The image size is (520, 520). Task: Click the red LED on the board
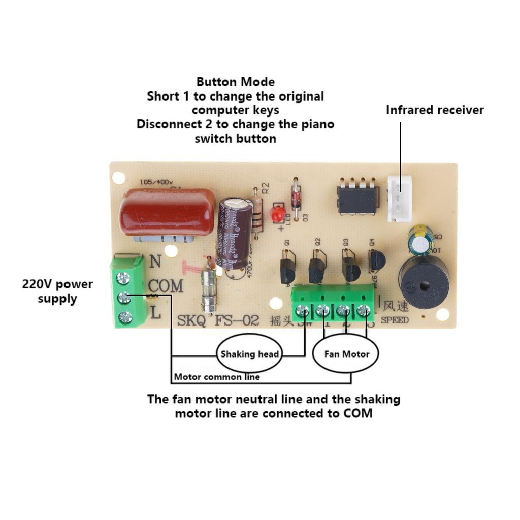coord(277,214)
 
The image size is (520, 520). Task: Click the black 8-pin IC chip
coord(359,199)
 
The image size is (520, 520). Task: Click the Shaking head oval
coord(249,354)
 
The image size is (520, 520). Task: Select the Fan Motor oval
coord(347,354)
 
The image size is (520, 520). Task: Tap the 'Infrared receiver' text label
coord(435,110)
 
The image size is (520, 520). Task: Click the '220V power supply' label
coord(57,291)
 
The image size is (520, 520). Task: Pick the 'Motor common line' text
coord(217,377)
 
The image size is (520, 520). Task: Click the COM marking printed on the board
coord(166,286)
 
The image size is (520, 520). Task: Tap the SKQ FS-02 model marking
coord(218,321)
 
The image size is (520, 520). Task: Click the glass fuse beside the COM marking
coord(208,289)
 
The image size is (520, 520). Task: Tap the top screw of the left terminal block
coord(122,277)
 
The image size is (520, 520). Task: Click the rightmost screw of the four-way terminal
coord(364,310)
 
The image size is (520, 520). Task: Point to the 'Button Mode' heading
coord(236,82)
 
